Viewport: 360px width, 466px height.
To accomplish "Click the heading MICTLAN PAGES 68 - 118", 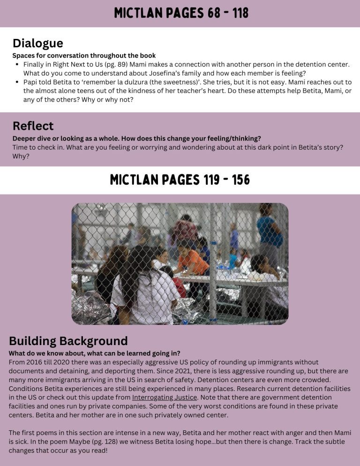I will click(180, 13).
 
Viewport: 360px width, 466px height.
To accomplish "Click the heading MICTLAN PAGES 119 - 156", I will click(180, 180).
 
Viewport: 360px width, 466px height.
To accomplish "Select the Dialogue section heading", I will click(37, 44).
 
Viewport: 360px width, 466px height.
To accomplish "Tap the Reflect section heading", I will click(33, 126).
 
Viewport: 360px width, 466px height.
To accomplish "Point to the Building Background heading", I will click(68, 341).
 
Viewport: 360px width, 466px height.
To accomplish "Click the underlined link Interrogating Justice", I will click(165, 398).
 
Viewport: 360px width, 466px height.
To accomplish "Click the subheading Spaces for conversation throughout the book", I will click(84, 55).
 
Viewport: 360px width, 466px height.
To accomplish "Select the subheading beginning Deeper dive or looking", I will click(136, 138).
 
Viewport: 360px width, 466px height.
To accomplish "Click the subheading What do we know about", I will click(94, 353).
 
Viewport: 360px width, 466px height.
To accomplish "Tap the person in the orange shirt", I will click(193, 263).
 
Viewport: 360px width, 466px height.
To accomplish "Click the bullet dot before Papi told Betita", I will click(17, 82).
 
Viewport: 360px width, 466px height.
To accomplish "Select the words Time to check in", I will click(37, 147).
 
